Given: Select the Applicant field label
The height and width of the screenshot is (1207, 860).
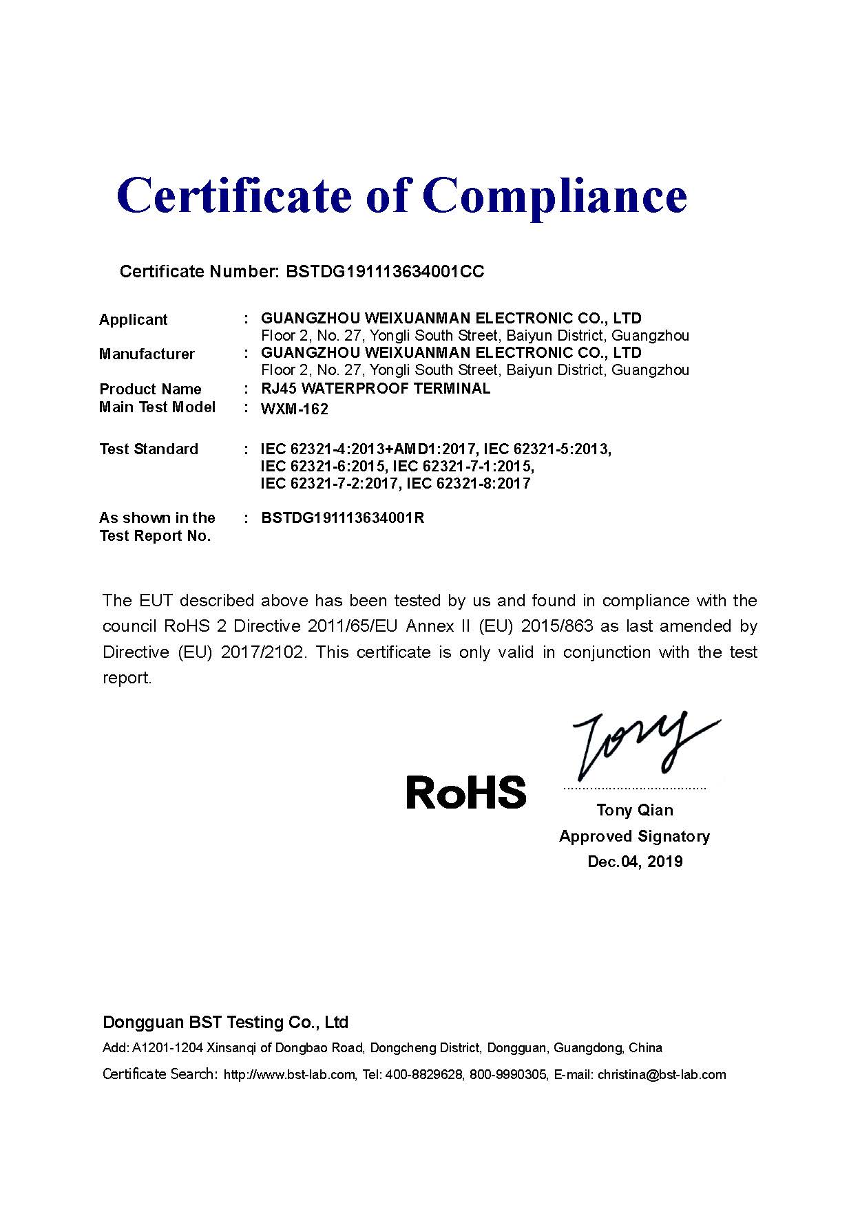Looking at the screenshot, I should (x=133, y=319).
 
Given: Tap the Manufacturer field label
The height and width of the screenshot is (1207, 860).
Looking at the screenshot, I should (x=147, y=354).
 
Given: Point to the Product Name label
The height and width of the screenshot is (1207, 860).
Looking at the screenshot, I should (x=150, y=389).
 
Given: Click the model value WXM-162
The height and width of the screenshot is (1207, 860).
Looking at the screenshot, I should (x=295, y=409).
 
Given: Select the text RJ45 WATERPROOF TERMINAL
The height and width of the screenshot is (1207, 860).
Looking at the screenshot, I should (x=376, y=388).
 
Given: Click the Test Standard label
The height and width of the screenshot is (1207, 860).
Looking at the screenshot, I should (x=149, y=449).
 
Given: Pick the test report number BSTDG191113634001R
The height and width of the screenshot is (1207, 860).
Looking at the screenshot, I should (x=343, y=518).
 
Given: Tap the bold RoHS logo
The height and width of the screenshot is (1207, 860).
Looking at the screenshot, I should (x=466, y=792).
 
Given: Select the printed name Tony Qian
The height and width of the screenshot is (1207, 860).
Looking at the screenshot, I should (x=635, y=810).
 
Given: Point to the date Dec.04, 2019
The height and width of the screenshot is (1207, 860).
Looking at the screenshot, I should (x=635, y=862).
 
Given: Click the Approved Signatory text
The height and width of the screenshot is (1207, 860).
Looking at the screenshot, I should (x=634, y=836).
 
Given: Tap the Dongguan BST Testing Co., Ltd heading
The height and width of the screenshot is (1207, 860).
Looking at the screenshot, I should (x=225, y=1023).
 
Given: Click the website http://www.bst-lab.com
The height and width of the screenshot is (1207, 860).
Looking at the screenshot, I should (x=289, y=1075).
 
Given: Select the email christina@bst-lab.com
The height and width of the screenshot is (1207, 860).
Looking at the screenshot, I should (x=662, y=1075).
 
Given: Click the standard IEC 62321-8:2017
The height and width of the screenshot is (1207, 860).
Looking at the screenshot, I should (x=469, y=484).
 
